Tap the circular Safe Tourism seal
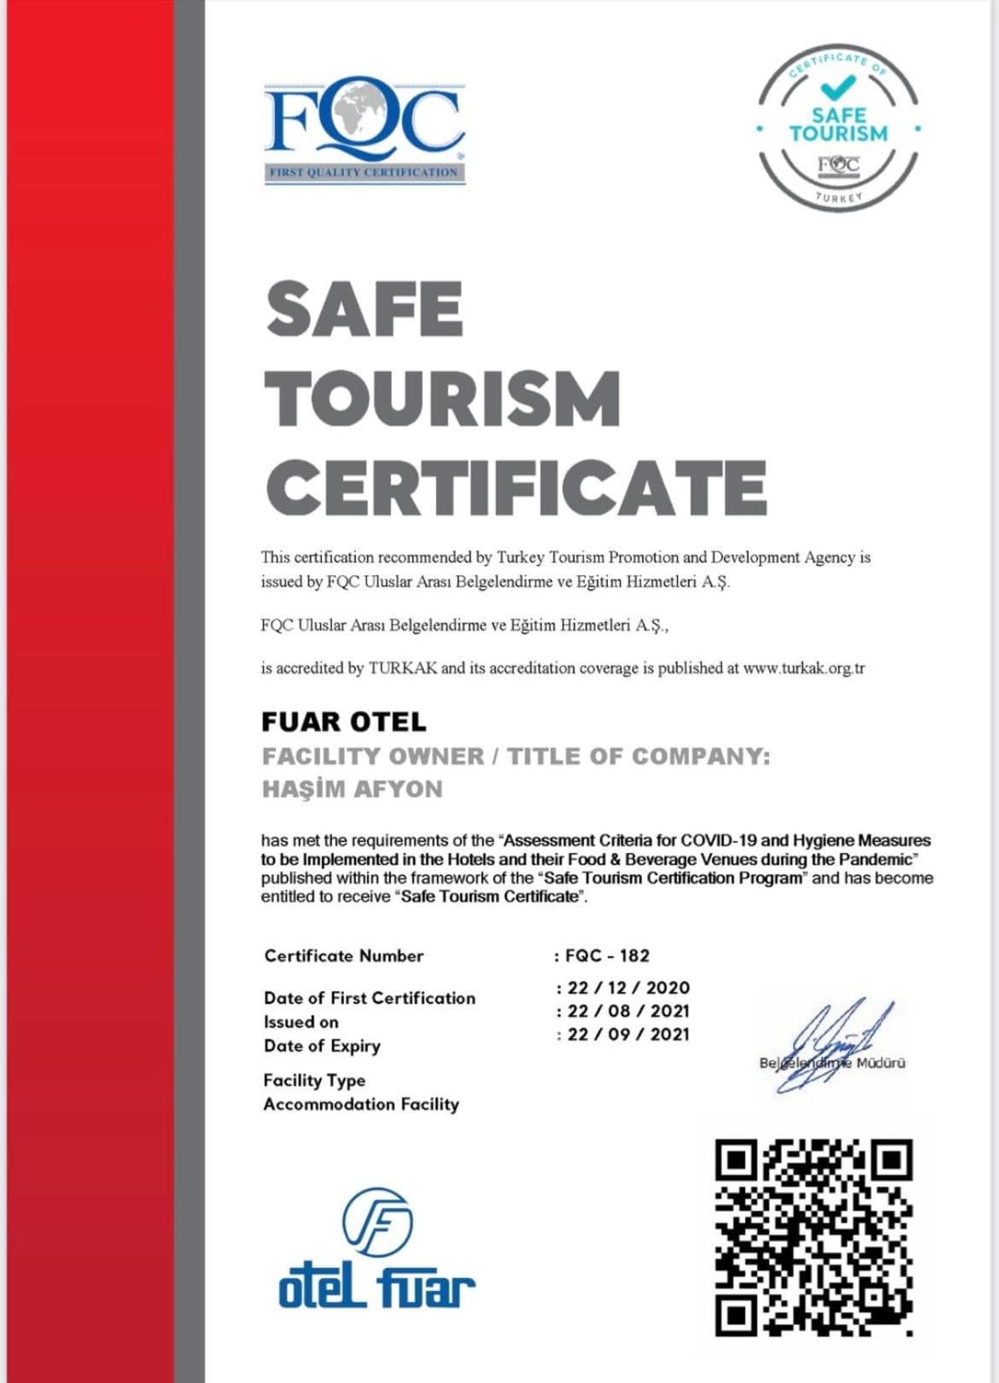(838, 128)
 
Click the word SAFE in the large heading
(365, 309)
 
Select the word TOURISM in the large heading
(442, 399)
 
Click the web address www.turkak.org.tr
(803, 668)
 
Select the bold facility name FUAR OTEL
(343, 722)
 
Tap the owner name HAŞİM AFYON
(352, 789)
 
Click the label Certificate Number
(344, 956)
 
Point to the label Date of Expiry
(322, 1046)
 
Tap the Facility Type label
(314, 1081)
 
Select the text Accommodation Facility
(361, 1105)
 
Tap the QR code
(814, 1237)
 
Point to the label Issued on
(301, 1022)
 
